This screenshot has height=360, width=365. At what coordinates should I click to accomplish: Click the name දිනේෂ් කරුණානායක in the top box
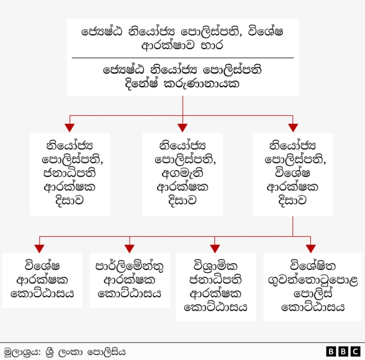coord(182,83)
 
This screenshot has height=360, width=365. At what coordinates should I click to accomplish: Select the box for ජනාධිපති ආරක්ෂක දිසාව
coord(70,174)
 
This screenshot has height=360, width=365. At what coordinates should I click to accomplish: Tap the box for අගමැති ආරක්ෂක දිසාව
coord(182,174)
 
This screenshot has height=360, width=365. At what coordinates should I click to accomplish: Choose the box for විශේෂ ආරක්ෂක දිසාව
coord(293,174)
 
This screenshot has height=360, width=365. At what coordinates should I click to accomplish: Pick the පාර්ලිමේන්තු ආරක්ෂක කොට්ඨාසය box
coord(129,280)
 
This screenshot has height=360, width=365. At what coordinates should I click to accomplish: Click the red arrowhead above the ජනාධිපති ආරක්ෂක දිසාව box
coord(70,127)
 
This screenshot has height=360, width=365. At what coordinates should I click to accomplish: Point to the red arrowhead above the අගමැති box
coord(182,127)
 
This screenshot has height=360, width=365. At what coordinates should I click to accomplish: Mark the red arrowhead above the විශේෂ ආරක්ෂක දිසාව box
coord(293,127)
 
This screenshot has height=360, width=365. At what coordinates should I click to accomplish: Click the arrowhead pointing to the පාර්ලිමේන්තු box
coord(129,248)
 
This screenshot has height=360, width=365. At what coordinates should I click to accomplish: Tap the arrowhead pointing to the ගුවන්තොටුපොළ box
coord(311,248)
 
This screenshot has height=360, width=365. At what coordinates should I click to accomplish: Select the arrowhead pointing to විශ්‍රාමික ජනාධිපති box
coord(215,248)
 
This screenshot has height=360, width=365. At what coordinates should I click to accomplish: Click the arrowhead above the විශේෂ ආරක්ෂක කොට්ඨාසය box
coord(39,248)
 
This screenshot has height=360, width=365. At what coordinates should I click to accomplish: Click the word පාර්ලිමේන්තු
coord(129,266)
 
